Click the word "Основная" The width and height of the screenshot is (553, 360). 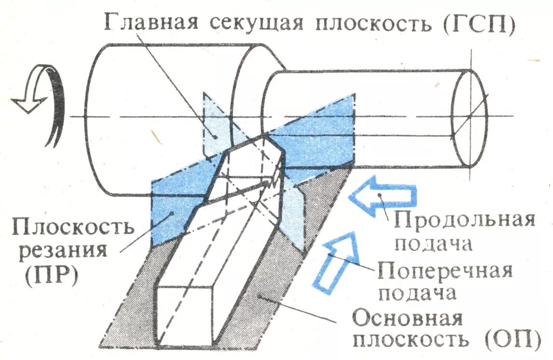click(408, 319)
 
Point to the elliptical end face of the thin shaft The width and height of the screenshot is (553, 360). click(469, 118)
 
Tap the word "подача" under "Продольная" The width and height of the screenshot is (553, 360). click(432, 245)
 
